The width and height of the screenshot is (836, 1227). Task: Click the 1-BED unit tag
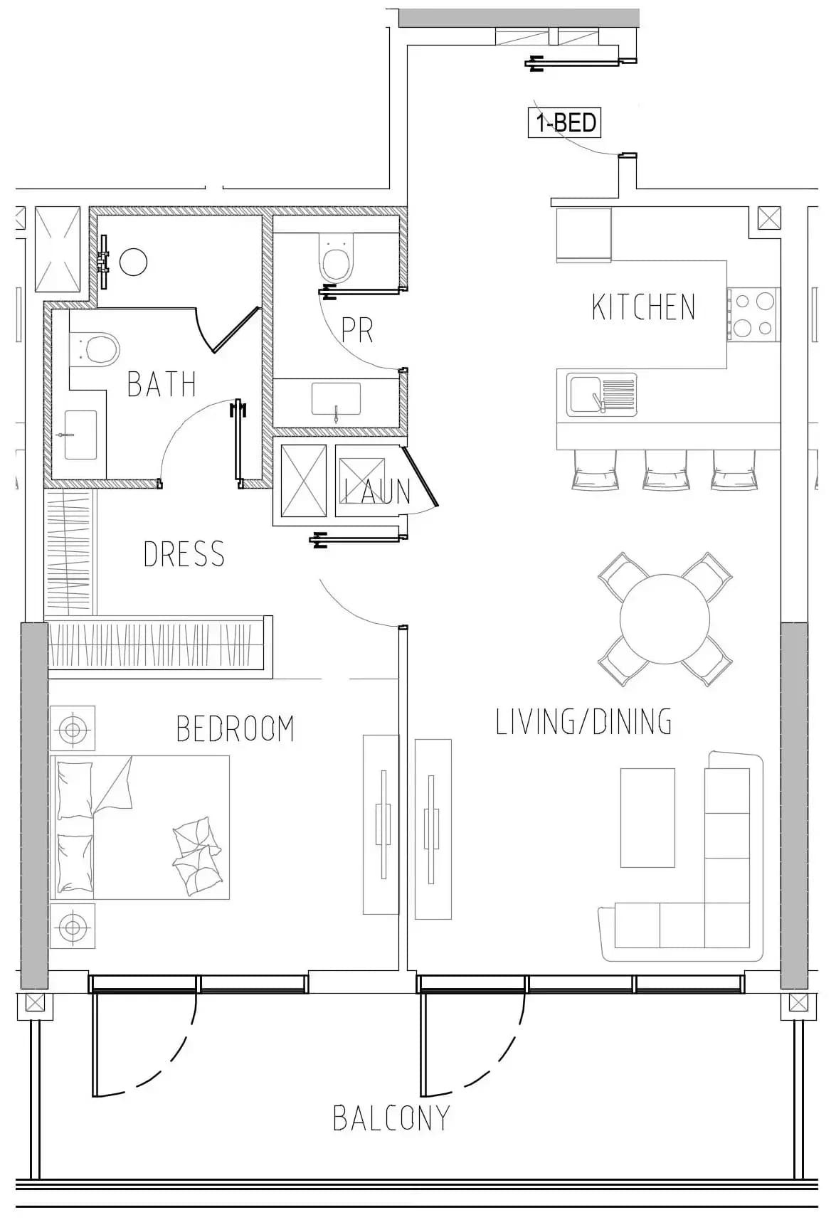click(565, 122)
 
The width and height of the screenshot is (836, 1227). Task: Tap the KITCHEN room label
click(643, 307)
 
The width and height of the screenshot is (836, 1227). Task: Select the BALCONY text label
click(391, 1118)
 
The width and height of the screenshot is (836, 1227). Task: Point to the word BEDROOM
click(235, 728)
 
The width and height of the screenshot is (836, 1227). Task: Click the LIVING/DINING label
click(583, 722)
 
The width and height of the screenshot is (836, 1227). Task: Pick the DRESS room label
click(184, 554)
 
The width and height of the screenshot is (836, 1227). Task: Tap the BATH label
click(162, 384)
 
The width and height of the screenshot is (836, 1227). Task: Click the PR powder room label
click(357, 329)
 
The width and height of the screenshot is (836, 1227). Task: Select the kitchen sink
click(601, 395)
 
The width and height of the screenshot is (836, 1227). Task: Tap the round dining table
click(665, 619)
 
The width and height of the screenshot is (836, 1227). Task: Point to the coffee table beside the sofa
click(647, 817)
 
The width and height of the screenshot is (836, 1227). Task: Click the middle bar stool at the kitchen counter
click(665, 470)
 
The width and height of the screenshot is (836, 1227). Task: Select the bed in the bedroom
click(140, 827)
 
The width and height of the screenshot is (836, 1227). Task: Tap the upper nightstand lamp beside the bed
click(72, 728)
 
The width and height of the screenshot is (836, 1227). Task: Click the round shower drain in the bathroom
click(133, 262)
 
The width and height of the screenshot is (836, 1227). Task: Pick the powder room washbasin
click(336, 398)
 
